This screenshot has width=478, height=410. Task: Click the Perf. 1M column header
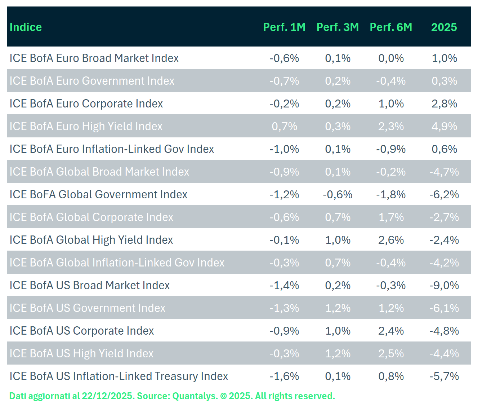point(284,27)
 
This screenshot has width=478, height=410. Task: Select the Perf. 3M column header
point(338,27)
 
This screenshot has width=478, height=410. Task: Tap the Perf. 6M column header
point(391,27)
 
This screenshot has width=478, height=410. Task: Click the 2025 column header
point(444,27)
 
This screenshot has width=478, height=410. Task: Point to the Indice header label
point(26,27)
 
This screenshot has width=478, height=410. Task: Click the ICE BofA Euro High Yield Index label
point(86,126)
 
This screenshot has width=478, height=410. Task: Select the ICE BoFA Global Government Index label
point(98,194)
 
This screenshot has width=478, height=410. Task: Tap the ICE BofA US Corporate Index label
point(82,331)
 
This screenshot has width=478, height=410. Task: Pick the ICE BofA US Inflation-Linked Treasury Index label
point(119,376)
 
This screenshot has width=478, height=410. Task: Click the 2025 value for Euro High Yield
point(444,126)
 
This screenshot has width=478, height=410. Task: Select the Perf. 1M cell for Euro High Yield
point(284,126)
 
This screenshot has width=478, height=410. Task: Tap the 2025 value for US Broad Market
point(444,285)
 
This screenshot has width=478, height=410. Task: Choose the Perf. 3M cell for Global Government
point(338,194)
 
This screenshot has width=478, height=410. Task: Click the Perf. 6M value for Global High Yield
point(391,240)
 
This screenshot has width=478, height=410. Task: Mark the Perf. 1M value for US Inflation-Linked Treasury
point(284,376)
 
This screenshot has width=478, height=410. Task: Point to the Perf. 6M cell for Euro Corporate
point(391,103)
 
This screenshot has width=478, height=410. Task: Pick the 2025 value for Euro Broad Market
point(444,58)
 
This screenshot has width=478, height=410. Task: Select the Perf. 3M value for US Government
point(338,308)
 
